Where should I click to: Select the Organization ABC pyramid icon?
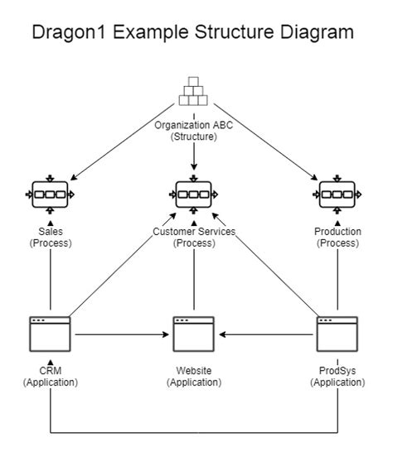(x=193, y=92)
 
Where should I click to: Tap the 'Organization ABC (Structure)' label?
(x=193, y=131)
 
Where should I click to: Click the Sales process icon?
(x=51, y=195)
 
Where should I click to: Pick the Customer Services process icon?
(x=193, y=195)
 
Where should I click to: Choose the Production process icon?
(x=337, y=195)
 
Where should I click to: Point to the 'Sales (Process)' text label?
(x=51, y=238)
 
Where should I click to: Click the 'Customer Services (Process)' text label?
(x=194, y=238)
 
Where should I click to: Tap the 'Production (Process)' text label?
(x=337, y=238)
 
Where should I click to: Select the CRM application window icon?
(x=51, y=334)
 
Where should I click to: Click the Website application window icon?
(x=193, y=334)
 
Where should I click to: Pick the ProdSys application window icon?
(x=337, y=334)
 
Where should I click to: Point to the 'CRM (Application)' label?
(x=51, y=377)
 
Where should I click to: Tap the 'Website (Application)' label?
(x=193, y=377)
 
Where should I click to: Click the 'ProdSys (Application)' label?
(x=337, y=377)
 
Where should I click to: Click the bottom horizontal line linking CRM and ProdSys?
(x=194, y=432)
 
